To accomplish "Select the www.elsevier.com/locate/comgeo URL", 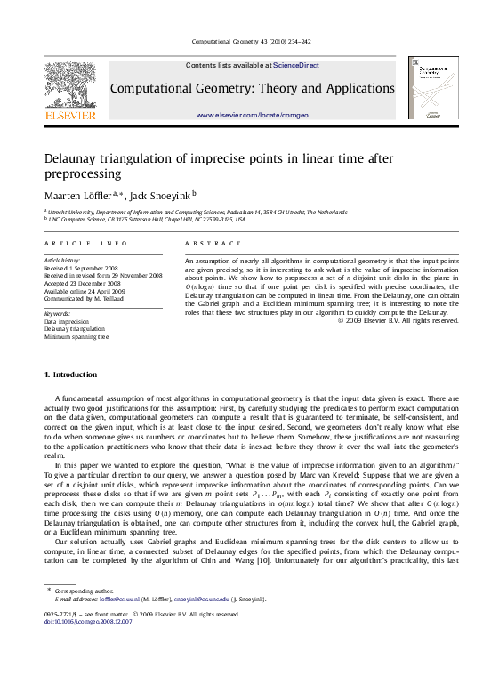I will tap(252, 116).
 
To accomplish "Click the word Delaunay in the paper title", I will tap(76, 158).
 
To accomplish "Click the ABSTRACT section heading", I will tap(213, 243).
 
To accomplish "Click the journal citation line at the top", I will tap(251, 42).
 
